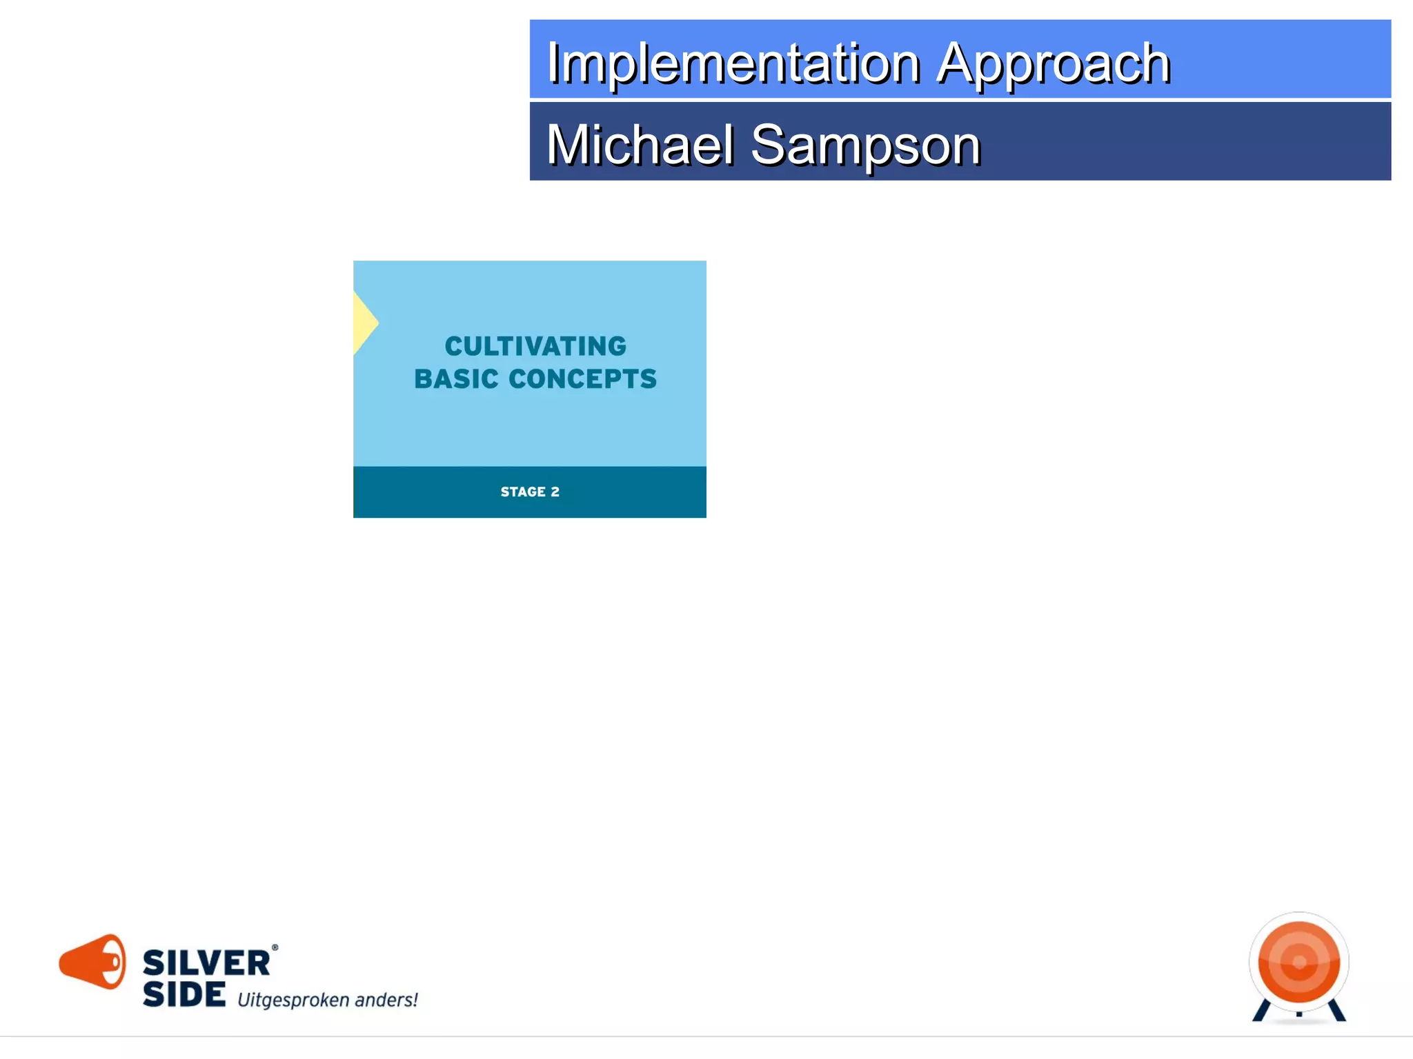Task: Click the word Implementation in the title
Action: pyautogui.click(x=733, y=63)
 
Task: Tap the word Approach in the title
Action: pyautogui.click(x=1053, y=63)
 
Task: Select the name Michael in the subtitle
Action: pyautogui.click(x=640, y=145)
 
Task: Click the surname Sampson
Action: pyautogui.click(x=865, y=145)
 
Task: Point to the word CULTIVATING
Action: pyautogui.click(x=535, y=346)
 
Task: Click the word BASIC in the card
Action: pyautogui.click(x=456, y=379)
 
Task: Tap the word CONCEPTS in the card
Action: pyautogui.click(x=582, y=379)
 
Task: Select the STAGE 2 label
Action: pyautogui.click(x=529, y=492)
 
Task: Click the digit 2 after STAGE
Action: pyautogui.click(x=555, y=492)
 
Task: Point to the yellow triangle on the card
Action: pyautogui.click(x=364, y=323)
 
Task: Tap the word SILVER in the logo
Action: pyautogui.click(x=206, y=963)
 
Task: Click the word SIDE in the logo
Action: pyautogui.click(x=184, y=994)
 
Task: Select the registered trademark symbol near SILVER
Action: pyautogui.click(x=275, y=948)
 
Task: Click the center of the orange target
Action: pyautogui.click(x=1299, y=962)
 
